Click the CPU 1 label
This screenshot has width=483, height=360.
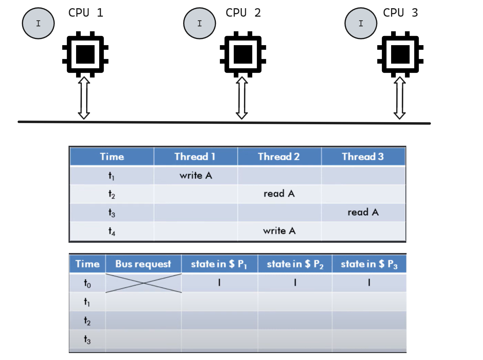(86, 13)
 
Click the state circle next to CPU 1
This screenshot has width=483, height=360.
(38, 23)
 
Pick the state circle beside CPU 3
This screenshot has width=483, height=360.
(361, 23)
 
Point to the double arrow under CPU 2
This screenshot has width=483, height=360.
(242, 98)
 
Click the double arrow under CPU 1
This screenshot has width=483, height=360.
(84, 98)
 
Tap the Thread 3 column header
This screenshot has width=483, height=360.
(363, 156)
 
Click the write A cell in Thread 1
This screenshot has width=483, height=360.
(196, 175)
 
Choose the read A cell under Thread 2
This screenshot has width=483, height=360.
(279, 194)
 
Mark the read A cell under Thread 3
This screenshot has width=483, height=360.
(363, 212)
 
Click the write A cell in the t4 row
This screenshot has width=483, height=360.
(279, 231)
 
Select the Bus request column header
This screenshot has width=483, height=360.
(143, 264)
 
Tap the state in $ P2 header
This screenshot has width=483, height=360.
(295, 264)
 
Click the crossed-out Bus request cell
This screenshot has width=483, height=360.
(143, 283)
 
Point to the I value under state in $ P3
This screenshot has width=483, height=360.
(369, 283)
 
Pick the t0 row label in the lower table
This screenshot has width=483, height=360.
(87, 283)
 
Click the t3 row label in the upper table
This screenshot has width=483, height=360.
(112, 213)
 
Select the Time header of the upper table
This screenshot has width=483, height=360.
(112, 156)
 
